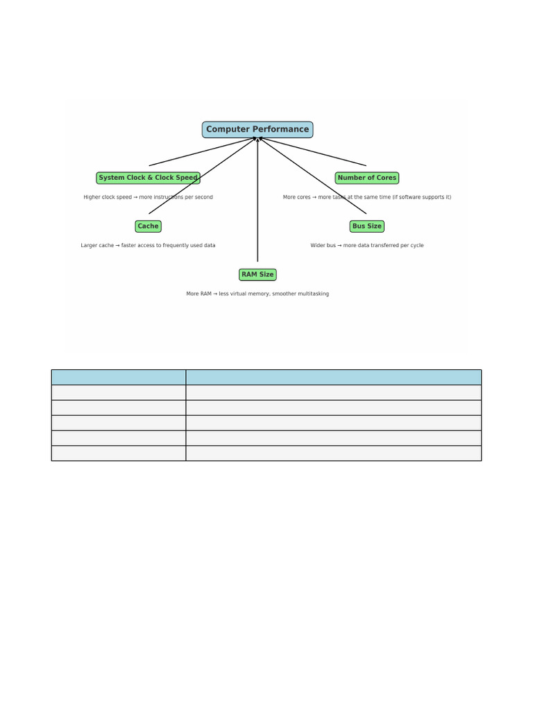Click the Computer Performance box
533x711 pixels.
(x=257, y=129)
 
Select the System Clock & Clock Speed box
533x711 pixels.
(x=149, y=178)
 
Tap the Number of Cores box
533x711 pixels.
(x=367, y=178)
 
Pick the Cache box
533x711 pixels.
(x=149, y=226)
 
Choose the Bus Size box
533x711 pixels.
(x=367, y=226)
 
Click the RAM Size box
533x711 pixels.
(x=257, y=274)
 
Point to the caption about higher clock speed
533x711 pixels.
(x=149, y=197)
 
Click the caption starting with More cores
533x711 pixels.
(x=367, y=197)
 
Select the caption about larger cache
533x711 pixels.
(x=149, y=245)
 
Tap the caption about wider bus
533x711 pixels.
(x=367, y=245)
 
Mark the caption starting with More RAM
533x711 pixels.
(x=257, y=294)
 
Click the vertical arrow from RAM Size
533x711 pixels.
(x=257, y=199)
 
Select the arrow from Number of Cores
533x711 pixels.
(x=312, y=151)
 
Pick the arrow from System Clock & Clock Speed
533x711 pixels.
(x=203, y=151)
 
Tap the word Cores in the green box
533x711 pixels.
(x=386, y=178)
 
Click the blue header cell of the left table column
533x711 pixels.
(x=119, y=377)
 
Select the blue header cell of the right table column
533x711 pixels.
(x=334, y=377)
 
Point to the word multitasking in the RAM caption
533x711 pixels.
(x=313, y=294)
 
